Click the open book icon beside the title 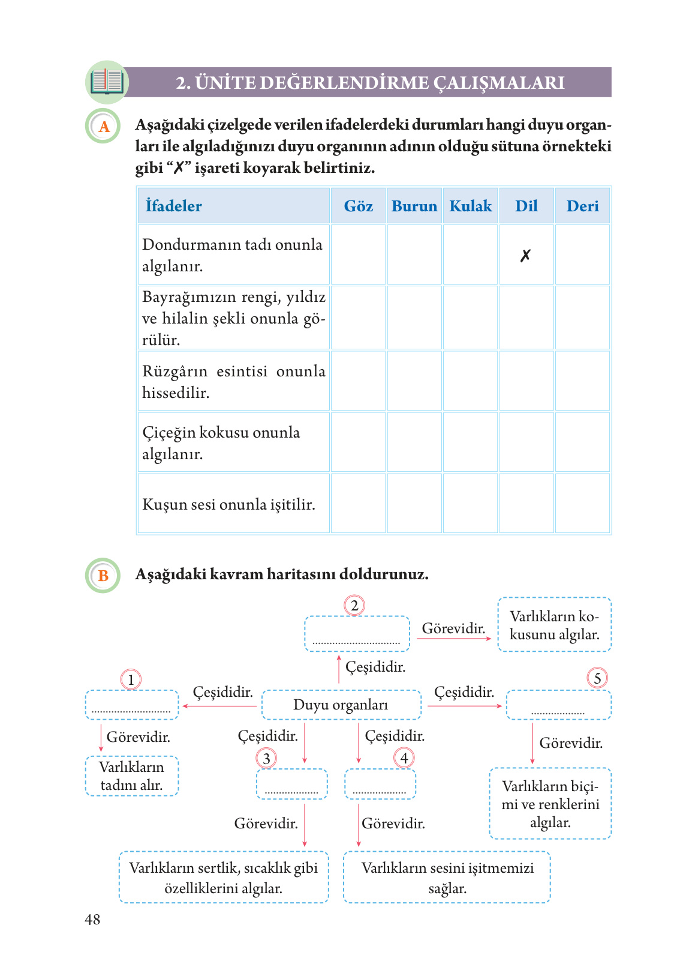(107, 82)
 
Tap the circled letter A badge (103, 126)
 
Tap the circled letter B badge (103, 576)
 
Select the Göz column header (358, 206)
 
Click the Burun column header (414, 206)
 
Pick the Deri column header (582, 206)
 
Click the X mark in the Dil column (525, 256)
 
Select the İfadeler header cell (233, 206)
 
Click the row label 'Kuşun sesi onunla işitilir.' (228, 504)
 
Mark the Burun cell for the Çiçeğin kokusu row (414, 442)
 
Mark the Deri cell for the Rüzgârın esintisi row (582, 381)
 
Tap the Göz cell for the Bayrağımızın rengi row (358, 318)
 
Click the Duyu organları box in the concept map (341, 705)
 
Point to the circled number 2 (354, 605)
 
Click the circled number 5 (597, 678)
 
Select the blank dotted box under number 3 (291, 784)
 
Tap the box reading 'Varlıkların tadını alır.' (131, 776)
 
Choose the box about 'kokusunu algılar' (554, 625)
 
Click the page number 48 (92, 920)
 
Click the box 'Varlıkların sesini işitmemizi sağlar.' (447, 877)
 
